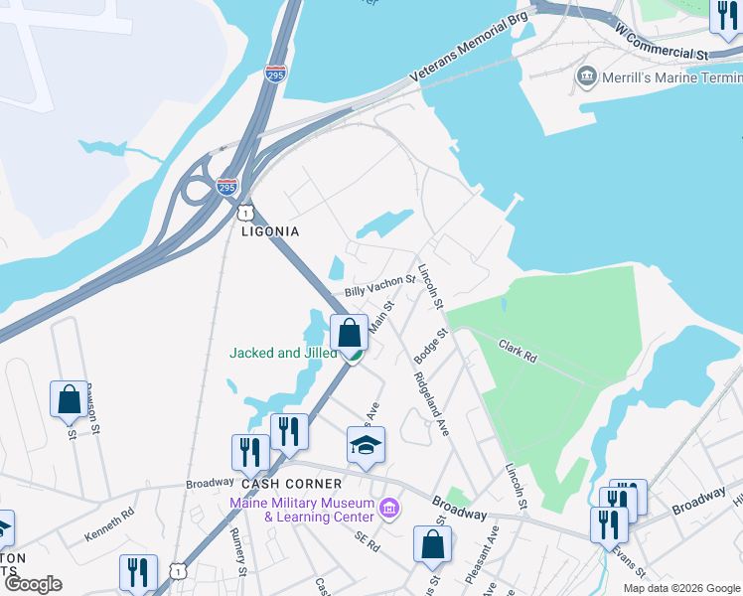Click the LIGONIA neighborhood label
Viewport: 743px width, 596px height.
(270, 231)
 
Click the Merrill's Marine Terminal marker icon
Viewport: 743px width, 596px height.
(586, 76)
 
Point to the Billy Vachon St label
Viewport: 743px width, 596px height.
(379, 286)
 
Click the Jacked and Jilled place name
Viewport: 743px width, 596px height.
(283, 353)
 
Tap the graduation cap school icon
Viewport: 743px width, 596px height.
(366, 446)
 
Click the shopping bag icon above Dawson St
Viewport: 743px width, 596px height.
(69, 398)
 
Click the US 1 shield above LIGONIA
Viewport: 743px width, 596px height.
(243, 213)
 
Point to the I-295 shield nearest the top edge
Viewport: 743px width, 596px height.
(277, 74)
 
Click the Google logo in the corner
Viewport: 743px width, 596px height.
(33, 584)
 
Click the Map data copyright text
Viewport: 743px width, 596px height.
(682, 588)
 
